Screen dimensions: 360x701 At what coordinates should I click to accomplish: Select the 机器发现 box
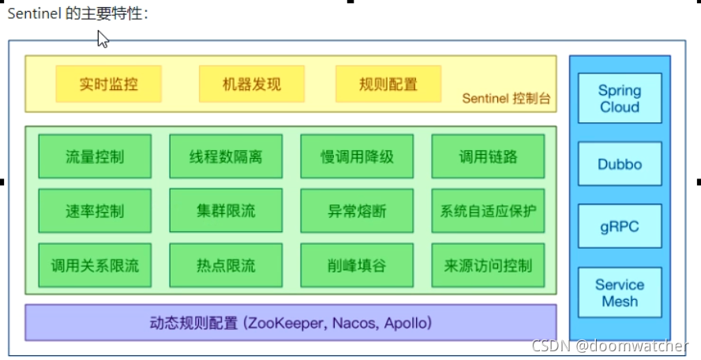[x=241, y=84]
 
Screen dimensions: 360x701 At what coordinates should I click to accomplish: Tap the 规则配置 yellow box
[x=388, y=84]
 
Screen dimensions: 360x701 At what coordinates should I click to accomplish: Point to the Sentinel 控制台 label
[x=506, y=99]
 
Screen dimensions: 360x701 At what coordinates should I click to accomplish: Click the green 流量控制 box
[x=95, y=156]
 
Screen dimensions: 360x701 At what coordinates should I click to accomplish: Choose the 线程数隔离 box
[x=226, y=156]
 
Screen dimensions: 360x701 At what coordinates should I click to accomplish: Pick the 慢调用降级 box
[x=357, y=156]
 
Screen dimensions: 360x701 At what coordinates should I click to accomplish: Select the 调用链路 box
[x=488, y=156]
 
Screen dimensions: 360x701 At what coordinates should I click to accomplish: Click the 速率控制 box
[x=95, y=211]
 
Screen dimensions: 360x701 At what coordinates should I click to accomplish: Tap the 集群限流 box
[x=226, y=211]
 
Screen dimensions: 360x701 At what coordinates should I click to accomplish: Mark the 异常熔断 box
[x=357, y=211]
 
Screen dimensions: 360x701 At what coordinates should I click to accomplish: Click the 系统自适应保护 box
[x=488, y=211]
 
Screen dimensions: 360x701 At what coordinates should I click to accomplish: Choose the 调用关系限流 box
[x=95, y=265]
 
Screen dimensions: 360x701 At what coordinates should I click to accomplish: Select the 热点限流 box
[x=226, y=265]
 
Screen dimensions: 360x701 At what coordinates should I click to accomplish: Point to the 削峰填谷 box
[x=357, y=265]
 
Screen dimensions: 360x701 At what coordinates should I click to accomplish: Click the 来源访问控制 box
[x=488, y=265]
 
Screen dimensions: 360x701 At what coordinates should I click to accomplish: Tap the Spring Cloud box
[x=620, y=99]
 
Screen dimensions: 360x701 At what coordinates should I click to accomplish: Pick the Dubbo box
[x=620, y=165]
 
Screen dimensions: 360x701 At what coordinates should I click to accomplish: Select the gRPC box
[x=620, y=227]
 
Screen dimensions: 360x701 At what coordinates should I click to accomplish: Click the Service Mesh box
[x=620, y=293]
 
